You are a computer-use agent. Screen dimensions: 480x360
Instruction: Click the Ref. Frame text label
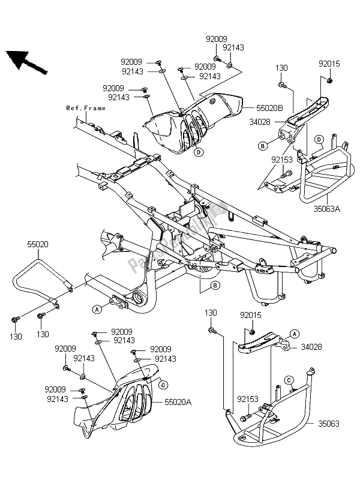click(x=86, y=109)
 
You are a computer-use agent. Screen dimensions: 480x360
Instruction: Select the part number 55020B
click(x=258, y=109)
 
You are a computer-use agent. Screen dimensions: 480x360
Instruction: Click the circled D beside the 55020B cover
click(x=197, y=152)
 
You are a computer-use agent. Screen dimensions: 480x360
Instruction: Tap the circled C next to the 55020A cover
click(x=164, y=383)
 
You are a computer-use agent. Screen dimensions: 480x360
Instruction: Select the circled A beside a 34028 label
click(x=294, y=332)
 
